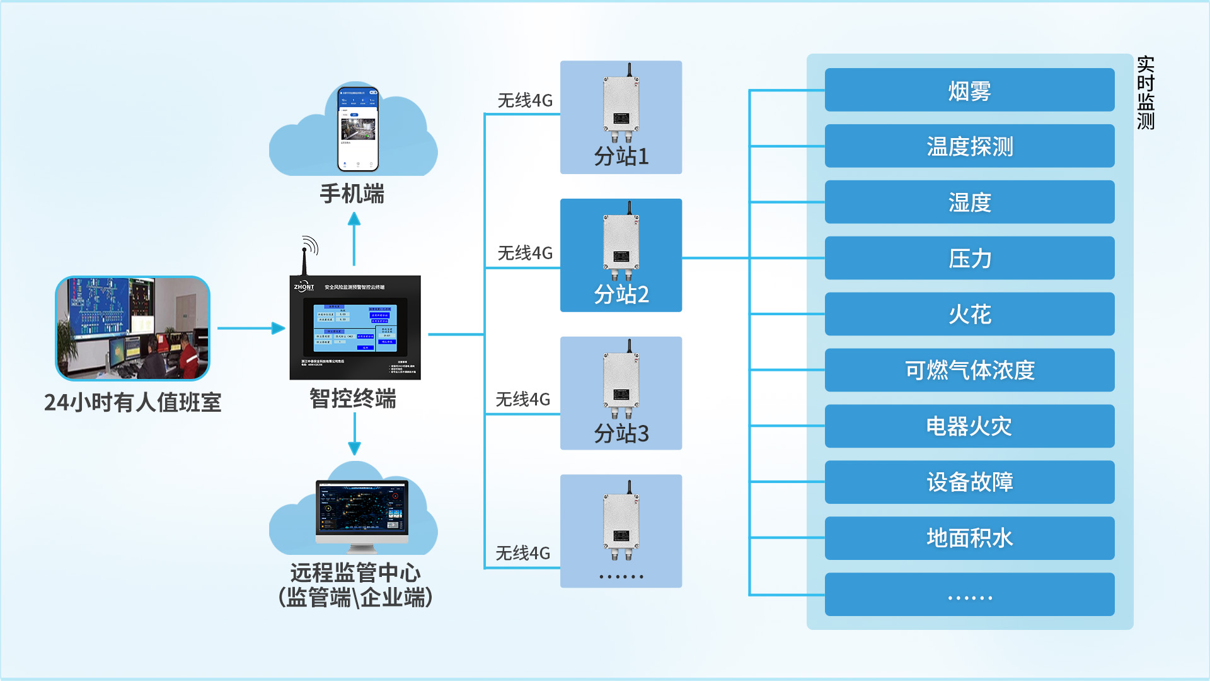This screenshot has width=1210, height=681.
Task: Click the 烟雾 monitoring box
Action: (x=969, y=90)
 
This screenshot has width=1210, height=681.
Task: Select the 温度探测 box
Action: (x=969, y=146)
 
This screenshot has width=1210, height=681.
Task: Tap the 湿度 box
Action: (x=969, y=202)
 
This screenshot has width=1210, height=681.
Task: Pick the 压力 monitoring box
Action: (x=969, y=259)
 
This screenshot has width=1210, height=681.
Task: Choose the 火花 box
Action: (x=969, y=314)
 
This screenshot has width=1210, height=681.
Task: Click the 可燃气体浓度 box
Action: (x=969, y=370)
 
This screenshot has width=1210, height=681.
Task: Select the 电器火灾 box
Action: (x=969, y=426)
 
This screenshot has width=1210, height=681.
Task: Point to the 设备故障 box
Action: (x=969, y=482)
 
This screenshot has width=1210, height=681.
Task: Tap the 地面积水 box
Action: (x=969, y=538)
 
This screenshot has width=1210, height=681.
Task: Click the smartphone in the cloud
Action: (x=358, y=129)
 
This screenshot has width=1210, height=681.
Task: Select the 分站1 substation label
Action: (x=621, y=156)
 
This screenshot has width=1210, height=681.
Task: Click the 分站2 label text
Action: (x=621, y=294)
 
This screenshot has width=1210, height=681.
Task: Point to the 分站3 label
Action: (x=621, y=433)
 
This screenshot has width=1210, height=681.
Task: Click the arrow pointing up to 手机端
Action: (x=354, y=238)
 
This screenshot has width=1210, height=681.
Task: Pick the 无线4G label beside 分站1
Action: (x=524, y=100)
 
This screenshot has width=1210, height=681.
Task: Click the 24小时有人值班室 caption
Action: (x=132, y=402)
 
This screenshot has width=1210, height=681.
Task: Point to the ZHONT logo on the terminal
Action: (x=304, y=287)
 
